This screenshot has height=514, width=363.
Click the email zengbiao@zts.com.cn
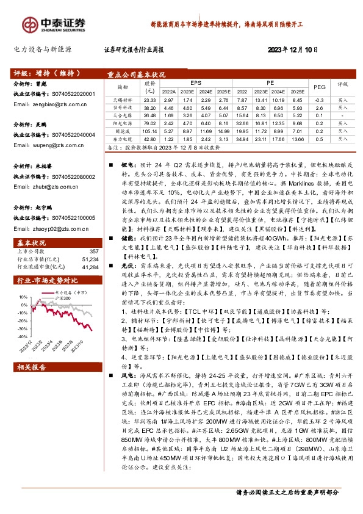click(48, 104)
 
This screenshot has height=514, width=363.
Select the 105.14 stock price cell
click(150, 130)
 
